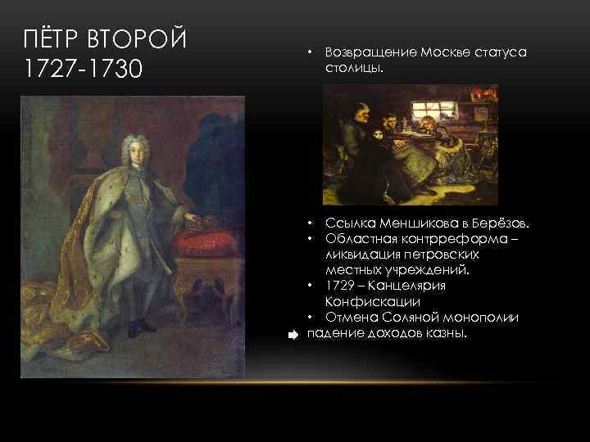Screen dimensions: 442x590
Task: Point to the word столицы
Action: pos(353,68)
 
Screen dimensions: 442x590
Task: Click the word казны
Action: pos(447,332)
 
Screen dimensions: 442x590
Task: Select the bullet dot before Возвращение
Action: pos(311,52)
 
